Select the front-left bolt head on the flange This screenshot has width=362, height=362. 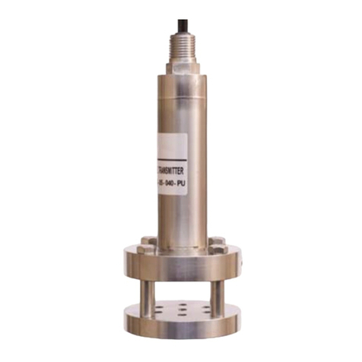(150, 249)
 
